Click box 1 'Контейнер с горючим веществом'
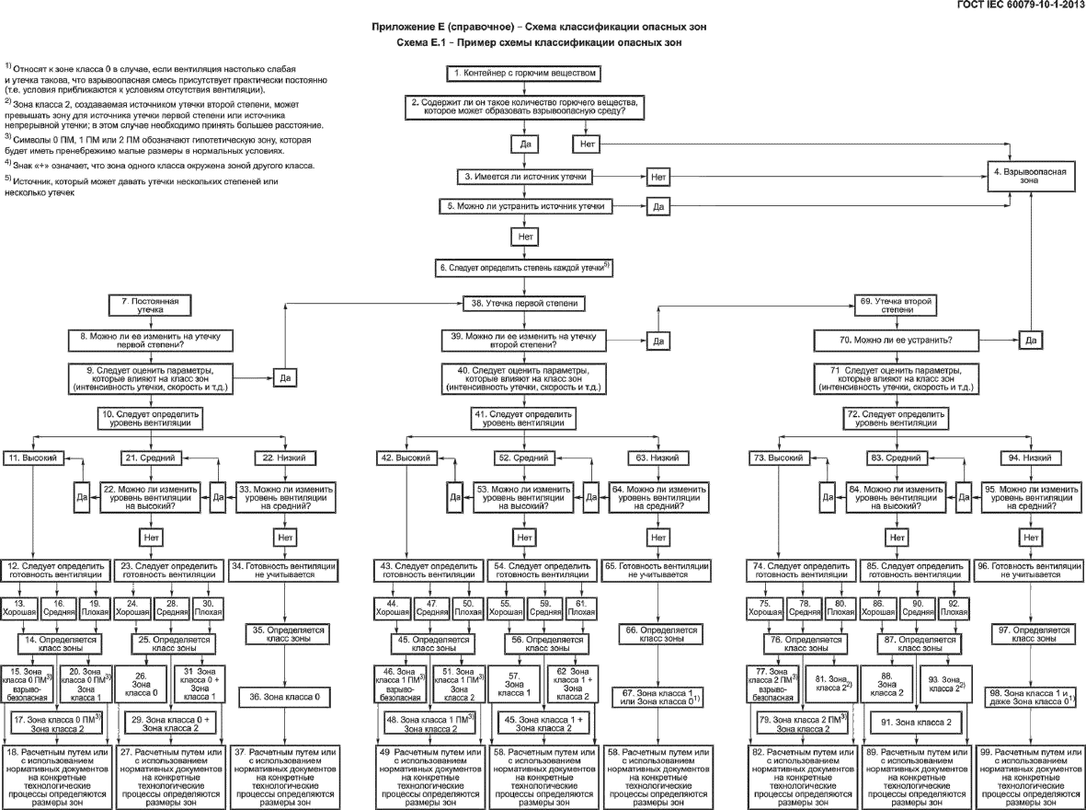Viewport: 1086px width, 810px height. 525,73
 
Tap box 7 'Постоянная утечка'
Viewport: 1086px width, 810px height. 149,307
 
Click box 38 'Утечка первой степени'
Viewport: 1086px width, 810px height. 525,302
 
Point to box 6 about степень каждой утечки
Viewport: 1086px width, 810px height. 525,267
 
